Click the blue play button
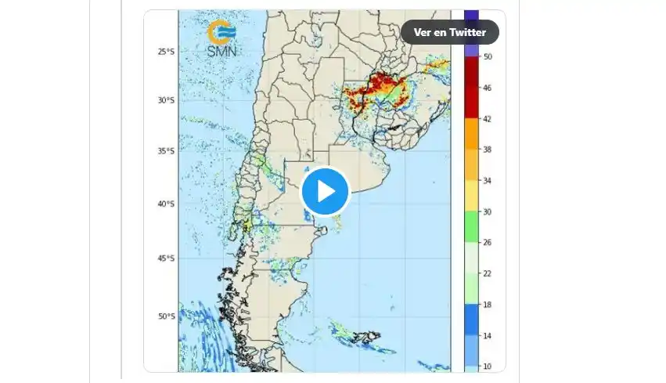click(x=325, y=191)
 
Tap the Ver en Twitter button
click(x=450, y=32)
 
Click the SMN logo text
click(x=222, y=51)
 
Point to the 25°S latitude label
click(x=164, y=52)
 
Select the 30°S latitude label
click(x=164, y=100)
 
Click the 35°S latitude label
click(x=164, y=151)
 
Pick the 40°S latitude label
click(x=164, y=204)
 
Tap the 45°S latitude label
click(x=164, y=258)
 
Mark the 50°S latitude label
click(x=164, y=316)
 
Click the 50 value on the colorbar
click(x=488, y=56)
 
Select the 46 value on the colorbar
click(x=488, y=88)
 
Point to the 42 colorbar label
click(x=488, y=119)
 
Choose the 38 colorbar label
click(x=488, y=150)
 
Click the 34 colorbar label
click(x=488, y=181)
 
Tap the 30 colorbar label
click(x=488, y=211)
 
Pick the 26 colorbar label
click(x=488, y=243)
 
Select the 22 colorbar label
click(x=488, y=273)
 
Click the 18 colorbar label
click(x=488, y=305)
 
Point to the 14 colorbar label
click(x=488, y=335)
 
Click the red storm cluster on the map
click(x=379, y=89)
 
